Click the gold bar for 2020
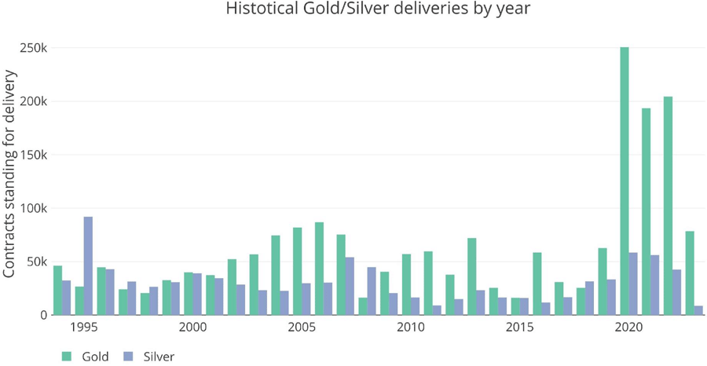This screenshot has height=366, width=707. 625,181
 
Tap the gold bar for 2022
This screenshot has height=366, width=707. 668,206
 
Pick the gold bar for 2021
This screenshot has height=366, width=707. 646,211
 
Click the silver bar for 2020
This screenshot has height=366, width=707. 633,284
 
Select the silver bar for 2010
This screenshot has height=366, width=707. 416,306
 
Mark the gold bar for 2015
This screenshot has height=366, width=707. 515,306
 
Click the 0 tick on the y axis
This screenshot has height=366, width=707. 44,315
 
